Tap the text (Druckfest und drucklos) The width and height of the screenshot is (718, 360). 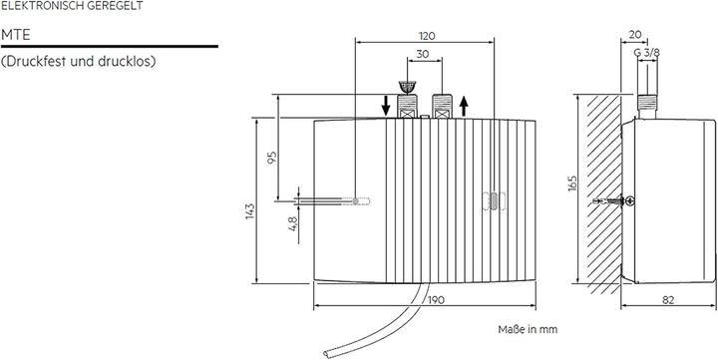pyautogui.click(x=79, y=62)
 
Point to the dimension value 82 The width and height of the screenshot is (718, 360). pyautogui.click(x=668, y=300)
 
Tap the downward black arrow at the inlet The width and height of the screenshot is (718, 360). pyautogui.click(x=386, y=104)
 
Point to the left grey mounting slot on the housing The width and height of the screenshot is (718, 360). pyautogui.click(x=359, y=201)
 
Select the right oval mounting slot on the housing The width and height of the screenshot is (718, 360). pyautogui.click(x=491, y=201)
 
